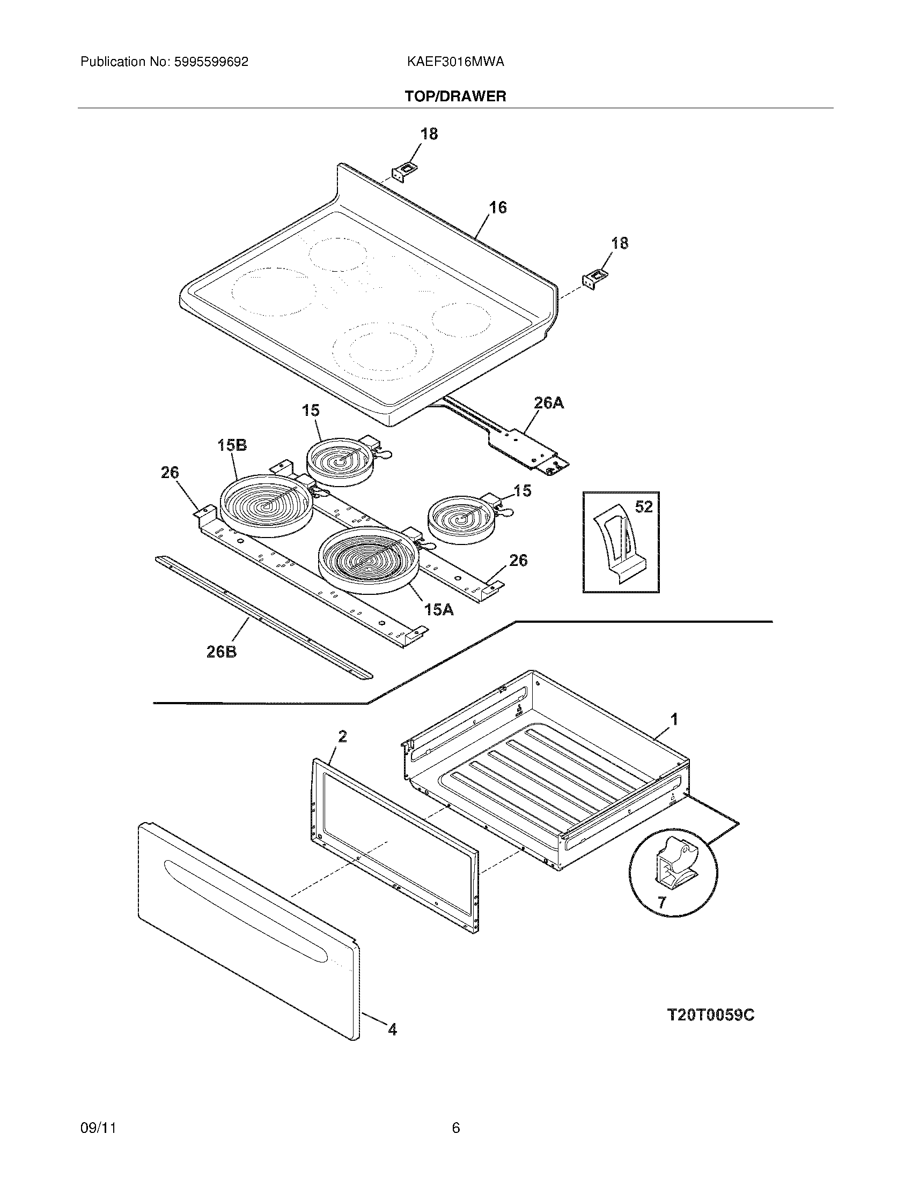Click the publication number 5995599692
pos(211,62)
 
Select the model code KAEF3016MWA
pos(455,62)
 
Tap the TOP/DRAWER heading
pos(455,96)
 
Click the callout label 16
pos(498,207)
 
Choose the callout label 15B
pos(232,445)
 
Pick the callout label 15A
pos(439,610)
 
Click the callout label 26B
pos(222,652)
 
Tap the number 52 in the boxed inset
pos(643,507)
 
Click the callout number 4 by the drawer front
pos(392,1030)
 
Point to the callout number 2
pos(343,736)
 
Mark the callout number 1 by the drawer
pos(674,719)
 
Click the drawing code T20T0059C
pos(710,1015)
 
